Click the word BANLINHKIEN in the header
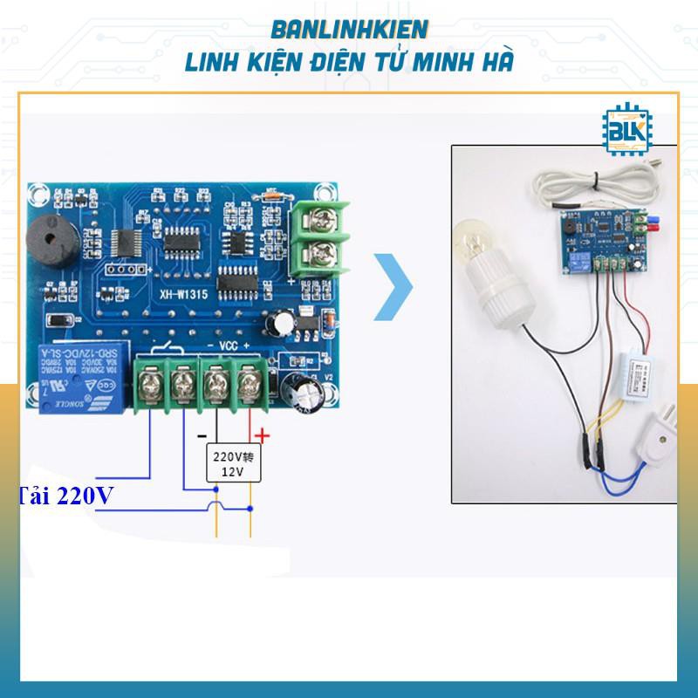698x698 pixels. pos(349,29)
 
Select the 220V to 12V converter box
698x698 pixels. pos(231,462)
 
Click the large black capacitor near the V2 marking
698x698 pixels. pos(308,394)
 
